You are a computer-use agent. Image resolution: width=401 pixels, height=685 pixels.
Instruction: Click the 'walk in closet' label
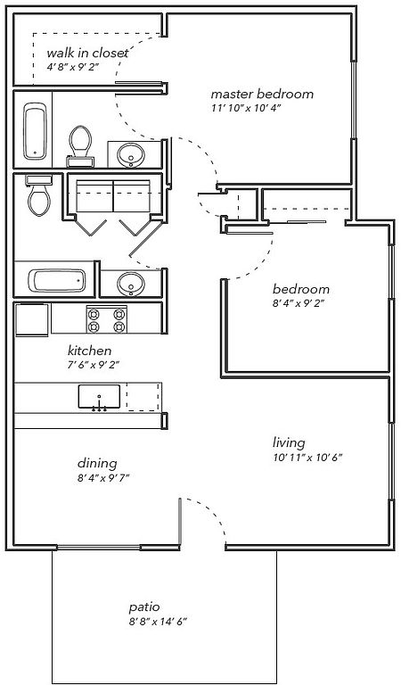(x=87, y=54)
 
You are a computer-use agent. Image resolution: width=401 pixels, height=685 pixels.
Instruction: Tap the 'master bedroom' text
(x=262, y=94)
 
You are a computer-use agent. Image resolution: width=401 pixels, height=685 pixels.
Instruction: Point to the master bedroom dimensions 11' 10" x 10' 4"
(x=245, y=108)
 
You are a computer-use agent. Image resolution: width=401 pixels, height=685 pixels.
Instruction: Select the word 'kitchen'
(x=89, y=351)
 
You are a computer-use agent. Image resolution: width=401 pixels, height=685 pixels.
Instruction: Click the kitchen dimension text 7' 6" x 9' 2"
(x=94, y=364)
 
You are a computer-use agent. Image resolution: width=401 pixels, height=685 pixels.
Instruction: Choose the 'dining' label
(x=97, y=463)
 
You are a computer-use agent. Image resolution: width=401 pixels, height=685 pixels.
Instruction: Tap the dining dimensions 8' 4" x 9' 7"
(x=103, y=477)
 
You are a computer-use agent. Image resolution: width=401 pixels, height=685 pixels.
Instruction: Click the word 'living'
(x=289, y=443)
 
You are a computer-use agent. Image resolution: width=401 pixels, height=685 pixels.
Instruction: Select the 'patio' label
(x=144, y=607)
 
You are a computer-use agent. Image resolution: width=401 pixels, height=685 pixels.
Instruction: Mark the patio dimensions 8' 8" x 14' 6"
(x=158, y=622)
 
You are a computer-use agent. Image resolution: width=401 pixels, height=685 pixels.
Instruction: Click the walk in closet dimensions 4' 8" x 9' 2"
(x=73, y=67)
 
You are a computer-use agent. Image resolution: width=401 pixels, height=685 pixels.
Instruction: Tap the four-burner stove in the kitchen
(x=107, y=320)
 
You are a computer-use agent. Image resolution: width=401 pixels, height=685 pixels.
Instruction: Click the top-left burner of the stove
(x=93, y=314)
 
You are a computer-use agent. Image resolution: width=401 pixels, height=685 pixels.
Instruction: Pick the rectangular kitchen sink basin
(x=100, y=397)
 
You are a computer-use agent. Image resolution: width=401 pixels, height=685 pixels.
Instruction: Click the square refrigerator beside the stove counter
(x=31, y=320)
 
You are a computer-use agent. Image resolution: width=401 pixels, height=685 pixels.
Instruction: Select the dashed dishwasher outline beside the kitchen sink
(x=143, y=397)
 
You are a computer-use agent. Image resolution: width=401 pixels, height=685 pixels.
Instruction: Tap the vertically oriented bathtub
(x=35, y=131)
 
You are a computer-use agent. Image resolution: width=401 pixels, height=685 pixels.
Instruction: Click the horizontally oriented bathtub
(x=57, y=280)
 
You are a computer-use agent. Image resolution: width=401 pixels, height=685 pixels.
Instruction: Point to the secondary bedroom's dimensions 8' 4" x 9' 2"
(x=299, y=303)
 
